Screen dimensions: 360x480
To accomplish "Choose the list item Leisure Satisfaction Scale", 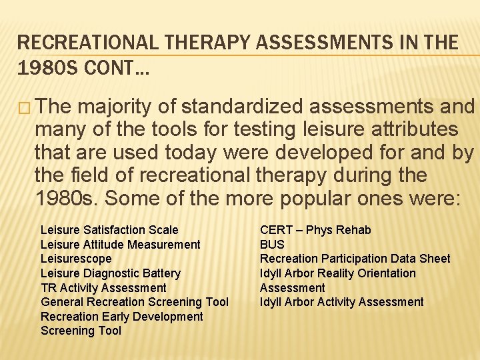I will coord(109,230).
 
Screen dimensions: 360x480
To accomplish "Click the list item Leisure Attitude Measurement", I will coord(120,245).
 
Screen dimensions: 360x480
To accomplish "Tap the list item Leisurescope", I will coord(76,259).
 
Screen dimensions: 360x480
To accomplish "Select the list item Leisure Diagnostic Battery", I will coord(110,273).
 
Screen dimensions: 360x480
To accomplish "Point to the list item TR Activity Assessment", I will coord(103,288).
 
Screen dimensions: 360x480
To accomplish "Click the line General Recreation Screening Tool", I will coord(134,302).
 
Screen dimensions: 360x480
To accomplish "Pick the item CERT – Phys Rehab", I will coord(315,230).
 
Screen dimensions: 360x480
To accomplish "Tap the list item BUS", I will coord(272,245).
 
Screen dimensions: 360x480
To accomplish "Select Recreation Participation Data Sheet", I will coord(355,259).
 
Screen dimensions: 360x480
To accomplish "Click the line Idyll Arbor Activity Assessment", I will coord(341,302).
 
